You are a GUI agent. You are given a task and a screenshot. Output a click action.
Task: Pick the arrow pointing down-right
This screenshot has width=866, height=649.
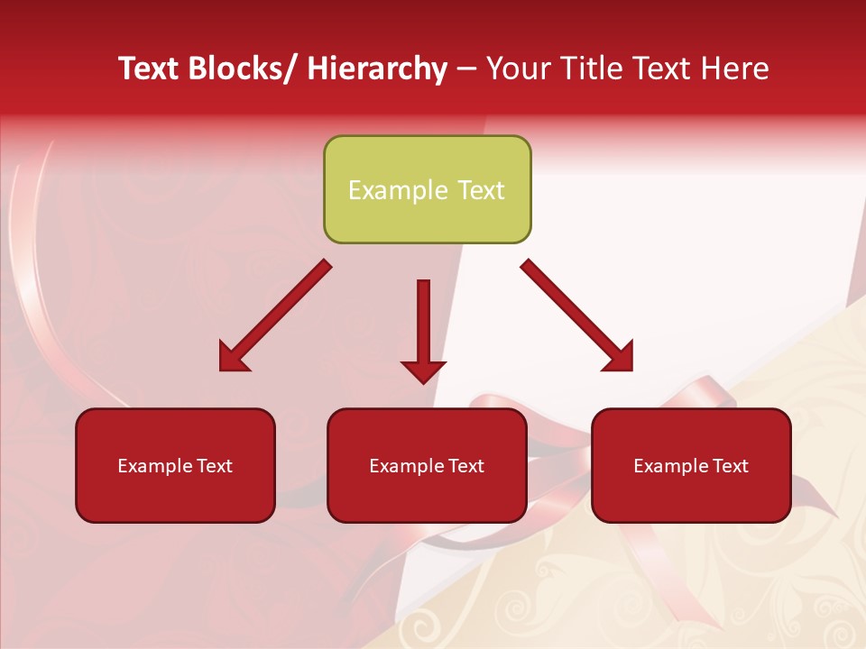point(576,315)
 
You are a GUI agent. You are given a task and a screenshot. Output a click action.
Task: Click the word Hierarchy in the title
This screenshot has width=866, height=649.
point(377,69)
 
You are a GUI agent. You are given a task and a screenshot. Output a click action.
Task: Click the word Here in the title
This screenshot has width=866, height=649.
point(736,69)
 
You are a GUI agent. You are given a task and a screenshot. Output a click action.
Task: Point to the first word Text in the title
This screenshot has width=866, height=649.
point(151,69)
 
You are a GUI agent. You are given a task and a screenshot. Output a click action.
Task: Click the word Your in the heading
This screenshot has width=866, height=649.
point(518,69)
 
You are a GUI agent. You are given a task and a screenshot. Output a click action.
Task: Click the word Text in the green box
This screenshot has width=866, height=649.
point(479,190)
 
